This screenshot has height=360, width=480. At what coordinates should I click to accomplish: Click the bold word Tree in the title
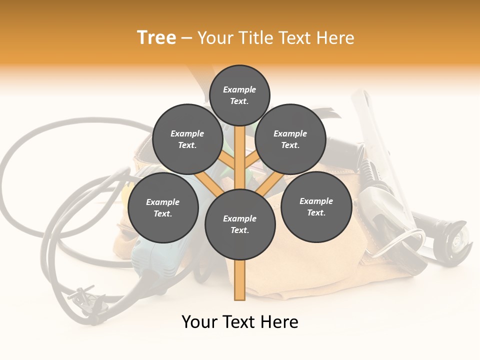tap(156, 37)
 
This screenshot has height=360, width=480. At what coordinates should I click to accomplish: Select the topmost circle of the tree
tap(239, 95)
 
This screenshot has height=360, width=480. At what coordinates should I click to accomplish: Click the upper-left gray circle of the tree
tap(187, 139)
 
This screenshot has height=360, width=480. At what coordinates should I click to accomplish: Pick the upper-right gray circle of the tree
tap(290, 139)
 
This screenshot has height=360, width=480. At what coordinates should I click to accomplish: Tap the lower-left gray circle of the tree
tap(163, 207)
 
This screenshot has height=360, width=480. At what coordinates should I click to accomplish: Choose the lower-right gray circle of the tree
tap(316, 206)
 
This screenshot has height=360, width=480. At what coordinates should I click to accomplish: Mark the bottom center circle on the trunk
tap(240, 224)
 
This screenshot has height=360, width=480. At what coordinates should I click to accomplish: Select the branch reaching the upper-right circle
tap(253, 162)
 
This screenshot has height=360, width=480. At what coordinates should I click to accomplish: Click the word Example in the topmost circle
tap(239, 89)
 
